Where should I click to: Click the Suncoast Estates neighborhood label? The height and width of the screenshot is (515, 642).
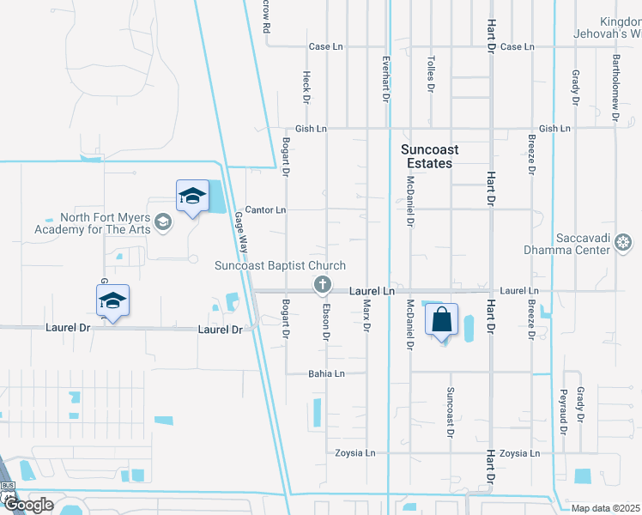429,155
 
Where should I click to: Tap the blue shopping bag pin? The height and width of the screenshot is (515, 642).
441,320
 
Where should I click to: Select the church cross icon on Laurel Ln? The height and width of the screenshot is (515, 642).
323,284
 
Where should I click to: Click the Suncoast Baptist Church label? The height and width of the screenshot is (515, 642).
280,266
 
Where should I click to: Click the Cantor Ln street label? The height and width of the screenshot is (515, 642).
265,209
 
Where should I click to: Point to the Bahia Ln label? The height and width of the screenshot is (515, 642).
326,373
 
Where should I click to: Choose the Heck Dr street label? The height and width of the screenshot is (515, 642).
306,87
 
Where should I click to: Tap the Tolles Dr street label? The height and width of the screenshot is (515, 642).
430,75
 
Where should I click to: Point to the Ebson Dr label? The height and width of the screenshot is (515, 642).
326,323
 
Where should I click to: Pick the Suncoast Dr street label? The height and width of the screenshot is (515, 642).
449,413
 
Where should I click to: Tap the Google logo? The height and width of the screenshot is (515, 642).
28,505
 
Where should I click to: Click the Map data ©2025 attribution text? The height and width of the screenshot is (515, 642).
606,508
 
